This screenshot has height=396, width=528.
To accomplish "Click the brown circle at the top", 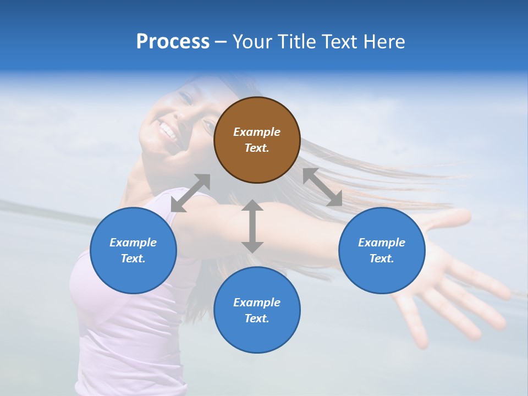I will coord(257,140).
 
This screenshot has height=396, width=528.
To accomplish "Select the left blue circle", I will coord(133,250).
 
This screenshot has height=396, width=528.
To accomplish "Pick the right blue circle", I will coord(382,250).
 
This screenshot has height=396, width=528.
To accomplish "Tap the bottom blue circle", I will coord(257,310).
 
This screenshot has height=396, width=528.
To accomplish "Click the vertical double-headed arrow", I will coord(252,226).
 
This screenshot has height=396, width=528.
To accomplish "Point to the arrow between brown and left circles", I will coord(190,193).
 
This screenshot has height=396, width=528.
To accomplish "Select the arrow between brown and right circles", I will coord(322,187).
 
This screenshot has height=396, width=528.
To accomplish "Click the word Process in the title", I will coord(173,41).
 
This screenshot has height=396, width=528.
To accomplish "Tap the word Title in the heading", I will coord(296,41).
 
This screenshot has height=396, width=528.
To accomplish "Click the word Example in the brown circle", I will coord(257,132).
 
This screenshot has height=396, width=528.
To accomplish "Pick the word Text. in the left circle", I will coord(133,258).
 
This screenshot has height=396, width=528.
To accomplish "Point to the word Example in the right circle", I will coord(382,243).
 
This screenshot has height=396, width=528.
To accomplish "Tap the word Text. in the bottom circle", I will coord(257,318).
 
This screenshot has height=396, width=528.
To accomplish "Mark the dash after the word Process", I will coord(221,41).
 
